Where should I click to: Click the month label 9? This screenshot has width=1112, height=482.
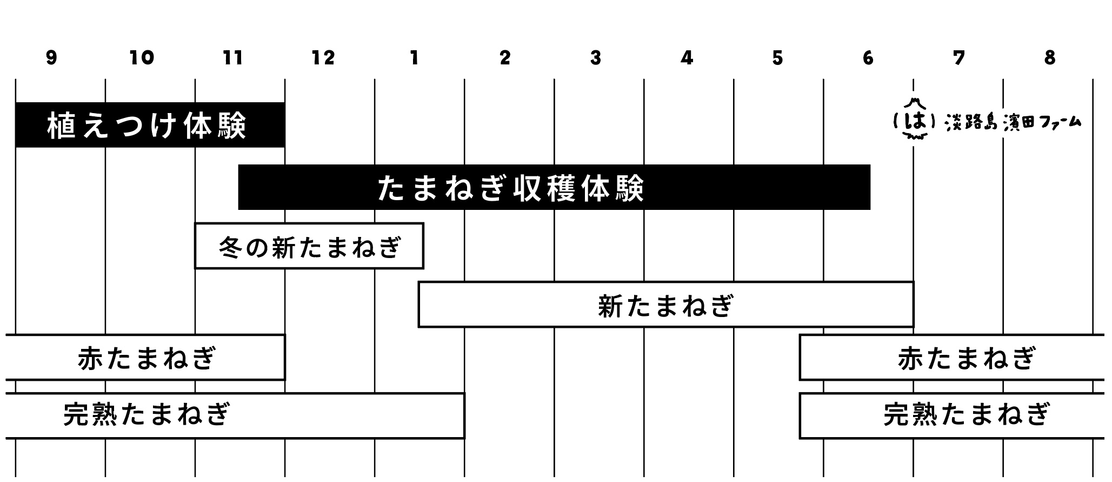click(x=51, y=57)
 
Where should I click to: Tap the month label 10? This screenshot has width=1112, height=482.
click(x=142, y=57)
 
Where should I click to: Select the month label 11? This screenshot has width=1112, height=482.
click(x=232, y=57)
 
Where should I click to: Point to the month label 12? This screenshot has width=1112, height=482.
click(x=323, y=57)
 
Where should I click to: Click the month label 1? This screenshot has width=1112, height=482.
click(x=414, y=57)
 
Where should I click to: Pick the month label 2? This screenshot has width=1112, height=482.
click(x=505, y=57)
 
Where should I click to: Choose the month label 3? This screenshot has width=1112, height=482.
click(x=596, y=57)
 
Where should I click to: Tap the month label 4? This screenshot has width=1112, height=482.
click(x=687, y=57)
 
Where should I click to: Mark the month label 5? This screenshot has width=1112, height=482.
click(x=777, y=57)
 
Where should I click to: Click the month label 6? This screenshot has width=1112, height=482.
click(x=868, y=57)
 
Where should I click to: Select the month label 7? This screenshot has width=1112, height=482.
click(x=959, y=57)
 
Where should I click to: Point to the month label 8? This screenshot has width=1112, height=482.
click(x=1050, y=57)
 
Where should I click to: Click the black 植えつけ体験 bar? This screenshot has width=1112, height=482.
click(x=150, y=125)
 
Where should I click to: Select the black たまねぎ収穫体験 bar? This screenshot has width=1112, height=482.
click(x=554, y=187)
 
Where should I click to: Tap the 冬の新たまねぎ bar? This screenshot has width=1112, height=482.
click(x=309, y=246)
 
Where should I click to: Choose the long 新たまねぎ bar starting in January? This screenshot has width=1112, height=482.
click(x=665, y=305)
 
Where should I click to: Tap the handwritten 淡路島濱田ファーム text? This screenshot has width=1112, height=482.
click(x=1013, y=123)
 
